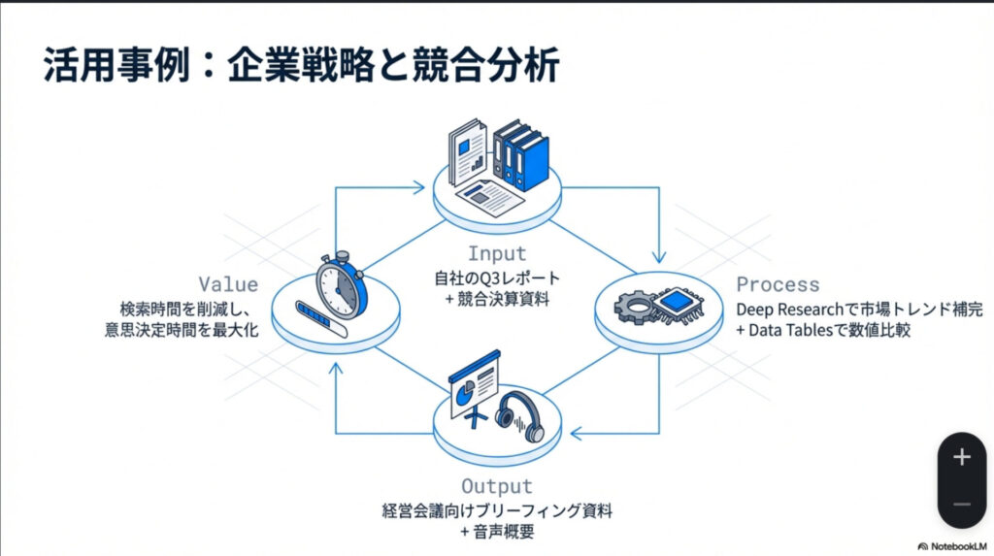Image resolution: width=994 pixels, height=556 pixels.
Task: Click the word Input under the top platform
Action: coord(496,254)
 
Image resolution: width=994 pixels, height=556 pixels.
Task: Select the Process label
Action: coord(778,285)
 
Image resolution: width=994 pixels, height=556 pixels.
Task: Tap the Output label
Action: coord(496,486)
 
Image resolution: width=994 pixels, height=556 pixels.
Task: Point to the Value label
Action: coord(228,284)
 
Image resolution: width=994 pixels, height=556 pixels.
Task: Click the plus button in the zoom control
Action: coord(962,457)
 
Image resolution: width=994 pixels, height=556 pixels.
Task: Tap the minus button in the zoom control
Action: coord(962,504)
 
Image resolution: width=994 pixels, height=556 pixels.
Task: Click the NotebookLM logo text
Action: coord(955,545)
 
